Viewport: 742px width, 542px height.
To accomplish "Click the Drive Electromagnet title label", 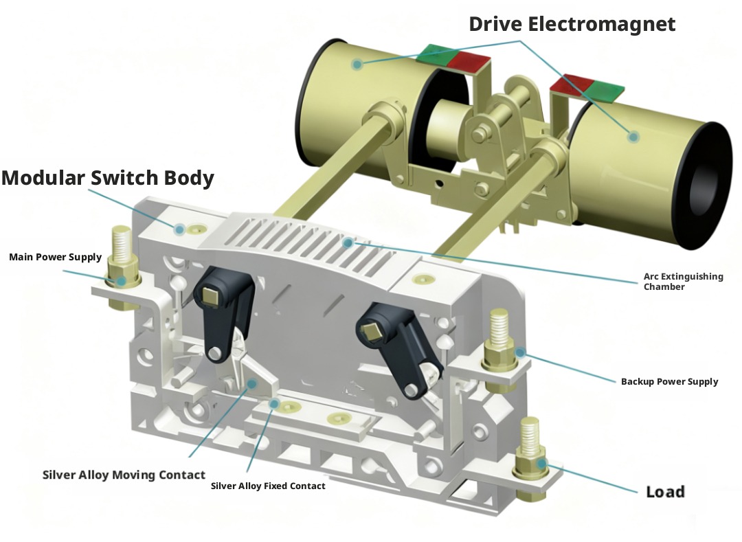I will click(x=572, y=24).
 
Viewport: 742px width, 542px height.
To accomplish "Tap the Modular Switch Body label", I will click(x=108, y=178).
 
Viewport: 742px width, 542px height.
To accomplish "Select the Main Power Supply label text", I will click(x=55, y=257).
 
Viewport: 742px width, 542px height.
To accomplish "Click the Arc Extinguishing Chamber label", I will click(x=683, y=282).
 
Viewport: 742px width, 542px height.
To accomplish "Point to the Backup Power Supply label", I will click(x=669, y=381).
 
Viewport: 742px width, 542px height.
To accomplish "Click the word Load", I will click(x=665, y=492).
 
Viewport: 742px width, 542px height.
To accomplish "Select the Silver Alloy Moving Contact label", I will click(x=124, y=475).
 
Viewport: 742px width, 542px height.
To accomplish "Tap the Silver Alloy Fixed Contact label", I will click(x=268, y=486).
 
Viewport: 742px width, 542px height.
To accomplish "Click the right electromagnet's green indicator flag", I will click(x=600, y=89).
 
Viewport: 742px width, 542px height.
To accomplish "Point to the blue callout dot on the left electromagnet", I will click(x=357, y=65).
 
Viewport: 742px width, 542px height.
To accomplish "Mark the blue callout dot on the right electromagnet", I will click(x=633, y=137).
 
